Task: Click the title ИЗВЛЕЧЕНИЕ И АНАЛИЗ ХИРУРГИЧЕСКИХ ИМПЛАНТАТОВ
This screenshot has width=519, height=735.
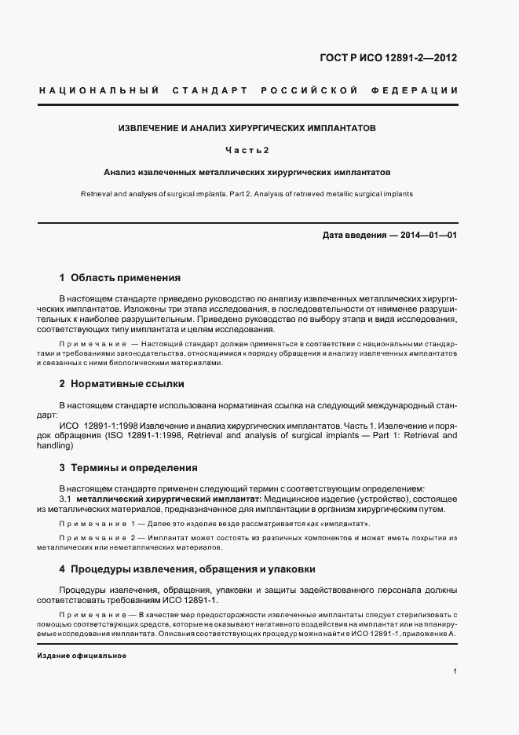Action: [x=247, y=126]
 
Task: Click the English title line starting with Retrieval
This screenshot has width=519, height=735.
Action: [x=247, y=193]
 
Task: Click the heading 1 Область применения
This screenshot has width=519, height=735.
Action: [x=120, y=277]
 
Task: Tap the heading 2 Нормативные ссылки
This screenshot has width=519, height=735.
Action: [x=122, y=384]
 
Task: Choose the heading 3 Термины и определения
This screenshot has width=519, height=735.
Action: [x=128, y=468]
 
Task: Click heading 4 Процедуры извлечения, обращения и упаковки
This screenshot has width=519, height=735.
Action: [x=188, y=569]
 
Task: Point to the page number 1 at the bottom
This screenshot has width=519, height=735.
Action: [x=455, y=671]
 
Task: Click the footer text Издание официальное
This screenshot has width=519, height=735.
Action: [x=82, y=655]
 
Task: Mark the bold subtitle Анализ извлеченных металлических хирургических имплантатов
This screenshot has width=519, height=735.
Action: [x=247, y=170]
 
